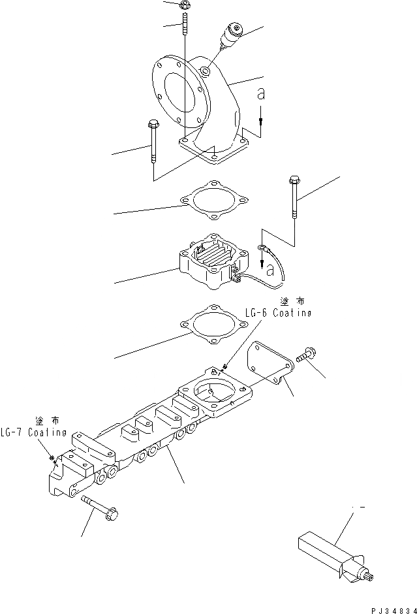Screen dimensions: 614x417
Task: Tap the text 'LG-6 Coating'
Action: tap(278, 314)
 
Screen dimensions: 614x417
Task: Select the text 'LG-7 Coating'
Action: tap(33, 432)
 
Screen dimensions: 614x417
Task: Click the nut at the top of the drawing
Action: tap(184, 5)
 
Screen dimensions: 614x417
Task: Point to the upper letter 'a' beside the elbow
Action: tap(261, 95)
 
